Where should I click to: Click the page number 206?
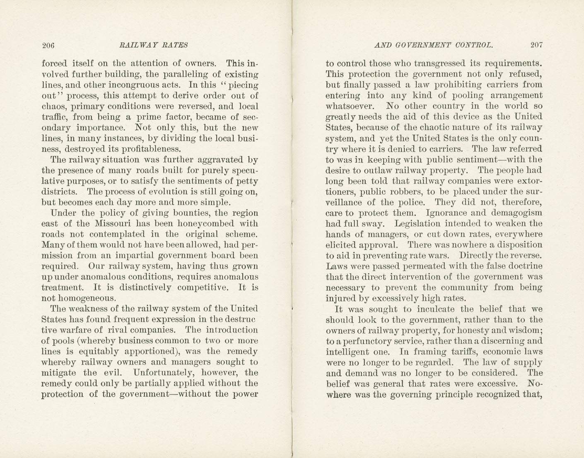pos(48,45)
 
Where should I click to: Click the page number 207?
pos(536,45)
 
